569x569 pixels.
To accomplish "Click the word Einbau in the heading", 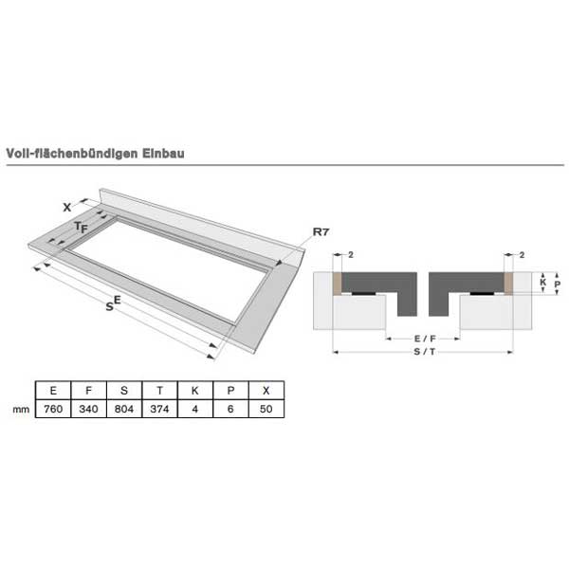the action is coord(163,154).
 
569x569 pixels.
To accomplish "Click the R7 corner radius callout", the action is coord(321,232).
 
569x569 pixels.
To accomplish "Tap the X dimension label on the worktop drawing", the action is coord(67,208).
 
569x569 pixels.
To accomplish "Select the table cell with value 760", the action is coord(53,409).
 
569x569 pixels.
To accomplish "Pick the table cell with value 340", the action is coord(88,409).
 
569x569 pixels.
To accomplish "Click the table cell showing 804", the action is coord(124,409).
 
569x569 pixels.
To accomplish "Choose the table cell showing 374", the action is coord(159,409).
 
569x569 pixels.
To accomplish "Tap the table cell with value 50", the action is coord(266,409).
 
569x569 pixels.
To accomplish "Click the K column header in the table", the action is coord(195,391).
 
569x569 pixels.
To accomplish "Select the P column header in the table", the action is coord(230,391).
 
